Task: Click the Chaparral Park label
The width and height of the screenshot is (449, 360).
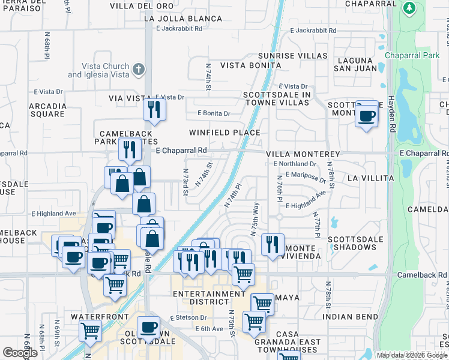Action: pos(420,55)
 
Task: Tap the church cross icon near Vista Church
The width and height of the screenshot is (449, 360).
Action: pos(139,69)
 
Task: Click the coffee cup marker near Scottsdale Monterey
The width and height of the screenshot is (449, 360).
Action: pos(366,115)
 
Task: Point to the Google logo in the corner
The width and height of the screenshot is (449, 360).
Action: pos(20,353)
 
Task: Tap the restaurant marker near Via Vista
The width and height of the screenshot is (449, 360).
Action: pos(154,110)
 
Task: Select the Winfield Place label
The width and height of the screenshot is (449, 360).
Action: pos(224,133)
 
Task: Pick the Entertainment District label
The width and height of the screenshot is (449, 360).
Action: pos(209,294)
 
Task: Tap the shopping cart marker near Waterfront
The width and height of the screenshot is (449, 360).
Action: pos(91,331)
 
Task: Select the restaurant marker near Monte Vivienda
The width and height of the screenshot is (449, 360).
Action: pos(273,244)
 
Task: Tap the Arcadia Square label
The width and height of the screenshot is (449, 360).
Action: pos(42,110)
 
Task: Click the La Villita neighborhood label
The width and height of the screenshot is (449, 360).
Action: pos(370,178)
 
